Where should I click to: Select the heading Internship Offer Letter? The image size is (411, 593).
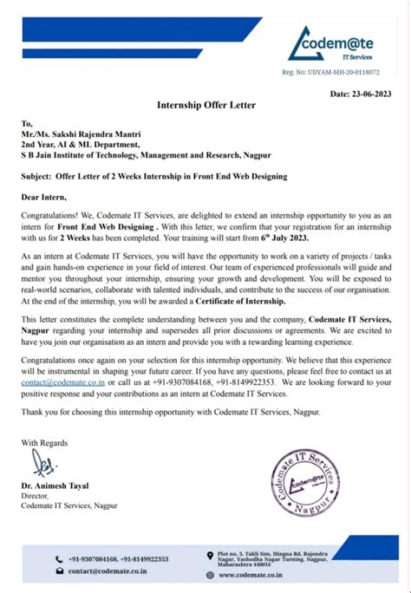(205, 105)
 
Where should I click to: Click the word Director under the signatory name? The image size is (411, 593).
(36, 497)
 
